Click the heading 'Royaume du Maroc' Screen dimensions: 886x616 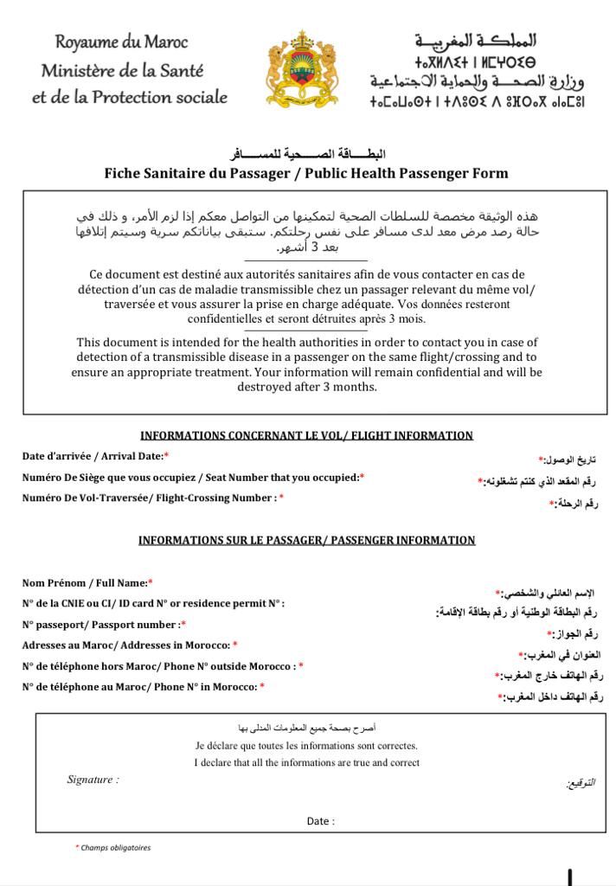121,42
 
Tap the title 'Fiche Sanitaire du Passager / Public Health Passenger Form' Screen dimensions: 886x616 306,173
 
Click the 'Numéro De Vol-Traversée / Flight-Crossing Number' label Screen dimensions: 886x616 152,498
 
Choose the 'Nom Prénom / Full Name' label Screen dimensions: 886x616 87,583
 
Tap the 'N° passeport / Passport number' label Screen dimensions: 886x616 104,624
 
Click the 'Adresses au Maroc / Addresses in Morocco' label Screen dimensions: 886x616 129,645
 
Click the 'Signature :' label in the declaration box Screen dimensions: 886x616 93,780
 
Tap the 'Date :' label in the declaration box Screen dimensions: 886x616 320,821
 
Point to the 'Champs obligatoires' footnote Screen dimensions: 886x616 114,848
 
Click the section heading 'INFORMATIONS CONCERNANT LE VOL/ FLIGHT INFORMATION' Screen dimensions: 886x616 306,435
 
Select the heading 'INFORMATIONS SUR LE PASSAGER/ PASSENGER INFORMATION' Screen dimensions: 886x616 306,540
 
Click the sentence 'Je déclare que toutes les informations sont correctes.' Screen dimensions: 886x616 306,745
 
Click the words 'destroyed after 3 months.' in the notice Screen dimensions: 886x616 307,387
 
